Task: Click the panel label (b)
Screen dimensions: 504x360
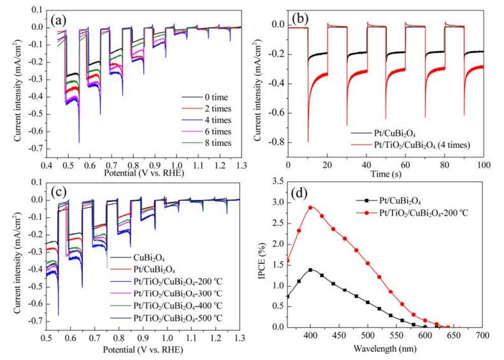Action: point(300,20)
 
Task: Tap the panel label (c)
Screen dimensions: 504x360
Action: point(59,192)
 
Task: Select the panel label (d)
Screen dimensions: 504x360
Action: point(299,194)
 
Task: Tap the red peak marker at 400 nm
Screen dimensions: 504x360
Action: point(310,208)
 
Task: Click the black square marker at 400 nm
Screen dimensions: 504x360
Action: point(310,270)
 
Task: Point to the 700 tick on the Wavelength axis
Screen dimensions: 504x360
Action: point(483,336)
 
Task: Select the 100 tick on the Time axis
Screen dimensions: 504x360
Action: point(484,165)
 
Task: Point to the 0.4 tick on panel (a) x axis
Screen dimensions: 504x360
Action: point(47,165)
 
